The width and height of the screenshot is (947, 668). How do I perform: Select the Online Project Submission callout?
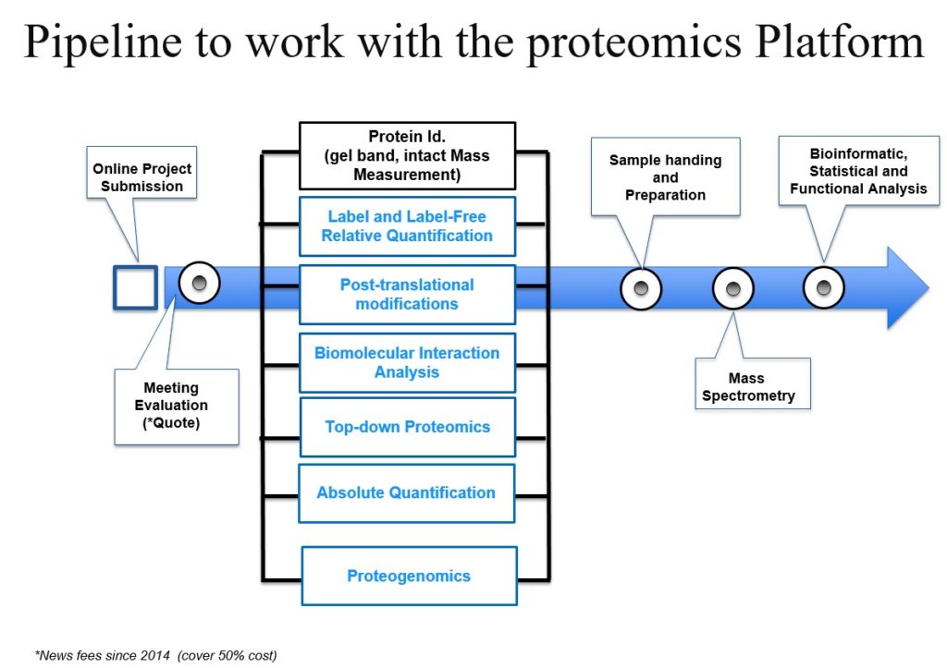pos(142,176)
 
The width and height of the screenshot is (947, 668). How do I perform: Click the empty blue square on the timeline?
pos(135,286)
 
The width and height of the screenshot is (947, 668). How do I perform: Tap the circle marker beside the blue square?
pos(199,283)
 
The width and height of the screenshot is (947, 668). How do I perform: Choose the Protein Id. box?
pos(407,153)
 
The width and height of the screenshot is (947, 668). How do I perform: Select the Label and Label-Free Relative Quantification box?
pos(407,226)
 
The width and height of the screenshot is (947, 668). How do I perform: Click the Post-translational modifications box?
pos(407,295)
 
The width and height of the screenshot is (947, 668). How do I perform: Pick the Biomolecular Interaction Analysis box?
pos(407,362)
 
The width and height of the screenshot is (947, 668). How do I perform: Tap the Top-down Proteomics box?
pos(407,427)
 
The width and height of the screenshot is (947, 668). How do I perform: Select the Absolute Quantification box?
pos(407,492)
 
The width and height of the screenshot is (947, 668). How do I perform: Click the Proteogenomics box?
pos(409,576)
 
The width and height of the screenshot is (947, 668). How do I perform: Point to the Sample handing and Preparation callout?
pos(665,177)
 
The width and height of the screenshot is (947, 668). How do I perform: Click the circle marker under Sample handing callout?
pos(641,289)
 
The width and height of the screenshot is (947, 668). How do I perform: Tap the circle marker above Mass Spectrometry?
pos(732,289)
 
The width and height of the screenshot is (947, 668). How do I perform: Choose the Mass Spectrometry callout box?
pos(747,387)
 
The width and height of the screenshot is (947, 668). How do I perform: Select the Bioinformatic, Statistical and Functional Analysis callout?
pos(857,171)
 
